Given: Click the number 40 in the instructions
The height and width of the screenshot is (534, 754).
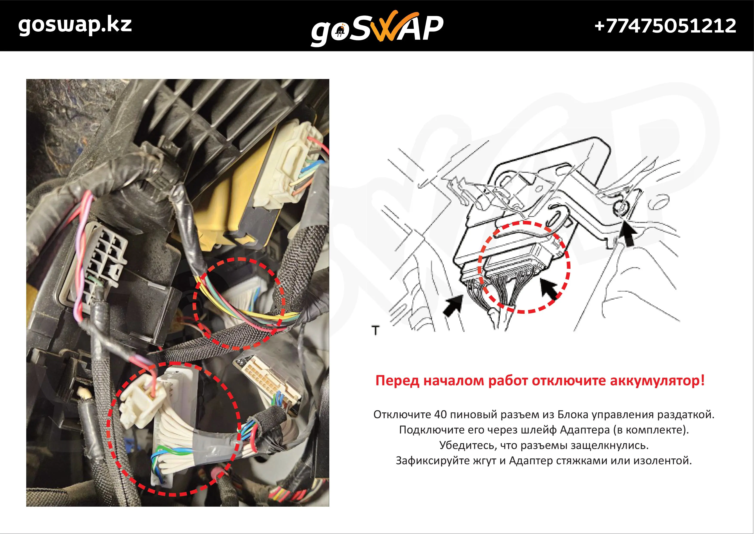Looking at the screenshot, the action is [x=440, y=414].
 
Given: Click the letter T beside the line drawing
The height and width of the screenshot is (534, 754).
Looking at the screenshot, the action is [x=375, y=330].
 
